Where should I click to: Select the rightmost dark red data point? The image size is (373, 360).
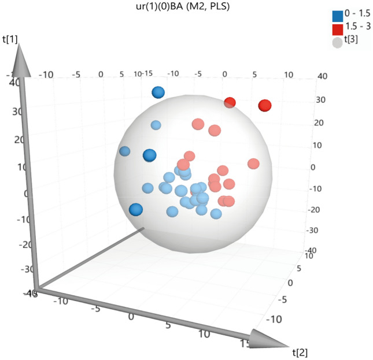pyautogui.click(x=265, y=106)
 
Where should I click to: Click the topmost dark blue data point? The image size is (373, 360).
pyautogui.click(x=158, y=92)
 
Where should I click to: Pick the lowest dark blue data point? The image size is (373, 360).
pyautogui.click(x=136, y=210)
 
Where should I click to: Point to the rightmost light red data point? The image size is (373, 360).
pyautogui.click(x=253, y=164)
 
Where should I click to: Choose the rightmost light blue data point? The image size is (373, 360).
pyautogui.click(x=216, y=214)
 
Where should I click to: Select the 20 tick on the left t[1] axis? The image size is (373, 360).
pyautogui.click(x=12, y=139)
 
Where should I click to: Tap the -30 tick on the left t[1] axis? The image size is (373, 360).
pyautogui.click(x=11, y=270)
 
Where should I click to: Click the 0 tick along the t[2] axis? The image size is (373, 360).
pyautogui.click(x=131, y=317)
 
